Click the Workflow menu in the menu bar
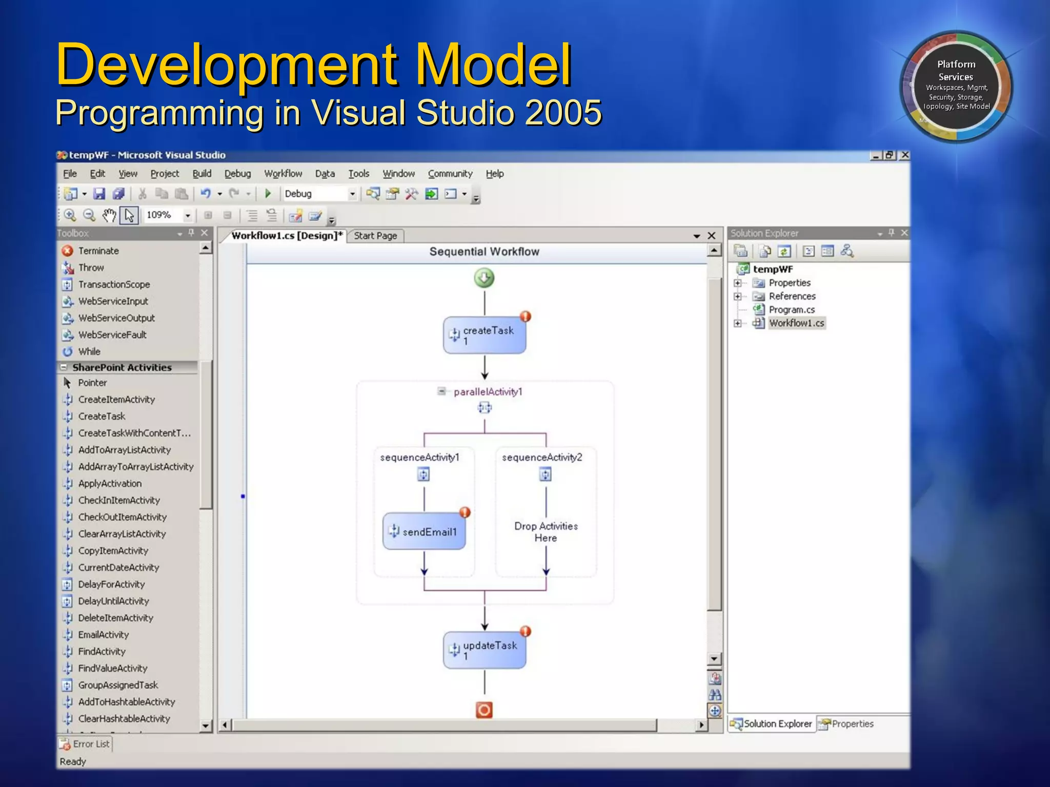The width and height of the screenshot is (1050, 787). click(x=283, y=174)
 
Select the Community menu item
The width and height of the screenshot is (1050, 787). click(x=450, y=174)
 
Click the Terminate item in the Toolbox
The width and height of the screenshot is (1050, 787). click(x=98, y=251)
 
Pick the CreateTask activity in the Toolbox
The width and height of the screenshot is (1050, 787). click(x=102, y=416)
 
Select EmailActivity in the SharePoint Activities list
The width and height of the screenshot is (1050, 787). click(x=103, y=634)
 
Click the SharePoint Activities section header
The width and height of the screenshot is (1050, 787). click(x=122, y=367)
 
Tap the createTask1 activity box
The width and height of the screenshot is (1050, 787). click(x=484, y=335)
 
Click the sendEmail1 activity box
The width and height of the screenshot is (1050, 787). click(x=424, y=531)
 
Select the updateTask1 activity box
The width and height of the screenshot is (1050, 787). click(x=484, y=650)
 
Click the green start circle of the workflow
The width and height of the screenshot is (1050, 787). click(x=484, y=278)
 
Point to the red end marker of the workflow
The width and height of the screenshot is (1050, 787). click(x=484, y=710)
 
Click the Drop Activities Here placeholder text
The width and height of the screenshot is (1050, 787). click(x=546, y=532)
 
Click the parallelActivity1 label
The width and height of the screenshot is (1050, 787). click(x=488, y=392)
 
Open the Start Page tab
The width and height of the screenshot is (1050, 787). click(x=375, y=236)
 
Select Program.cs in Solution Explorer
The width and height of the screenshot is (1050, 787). click(x=791, y=309)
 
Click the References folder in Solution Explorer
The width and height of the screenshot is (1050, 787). click(x=792, y=296)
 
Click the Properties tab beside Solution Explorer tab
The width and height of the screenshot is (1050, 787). click(x=852, y=723)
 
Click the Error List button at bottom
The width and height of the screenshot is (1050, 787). click(x=85, y=743)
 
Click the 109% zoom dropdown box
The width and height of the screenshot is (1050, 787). click(x=167, y=215)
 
